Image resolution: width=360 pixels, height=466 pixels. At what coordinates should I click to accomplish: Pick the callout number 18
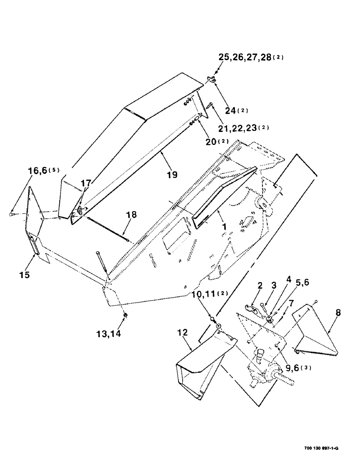coord(132,215)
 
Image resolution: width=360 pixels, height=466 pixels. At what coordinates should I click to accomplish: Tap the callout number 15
coord(25,275)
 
